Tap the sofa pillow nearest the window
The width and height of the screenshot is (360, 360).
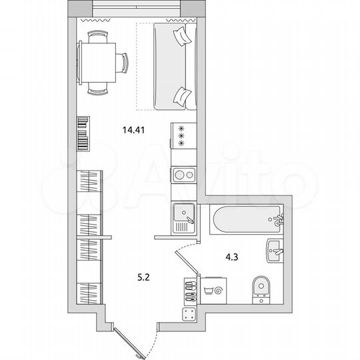pyautogui.click(x=180, y=37)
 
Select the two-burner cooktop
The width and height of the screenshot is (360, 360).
pyautogui.click(x=183, y=175)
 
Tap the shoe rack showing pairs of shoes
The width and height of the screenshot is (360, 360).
pyautogui.click(x=189, y=291)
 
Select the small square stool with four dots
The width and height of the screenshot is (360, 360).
pyautogui.click(x=189, y=315)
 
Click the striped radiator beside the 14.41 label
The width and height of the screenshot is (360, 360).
pyautogui.click(x=83, y=133)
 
